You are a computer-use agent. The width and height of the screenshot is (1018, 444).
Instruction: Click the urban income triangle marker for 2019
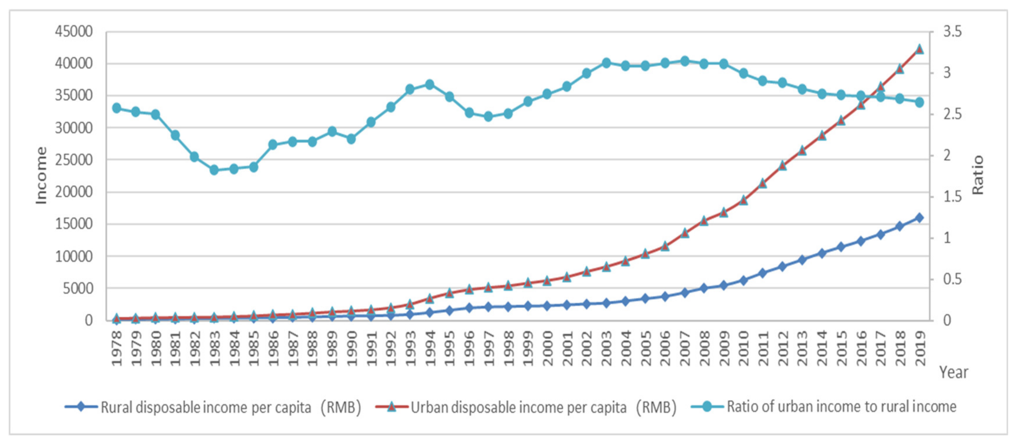point(919,49)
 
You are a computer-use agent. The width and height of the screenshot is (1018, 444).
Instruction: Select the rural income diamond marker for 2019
point(919,218)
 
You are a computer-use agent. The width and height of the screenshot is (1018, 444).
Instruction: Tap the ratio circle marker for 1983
point(214,170)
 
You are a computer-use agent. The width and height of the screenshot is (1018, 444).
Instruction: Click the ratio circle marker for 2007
point(685,61)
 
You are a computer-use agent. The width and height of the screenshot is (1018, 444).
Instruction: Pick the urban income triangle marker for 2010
point(743,200)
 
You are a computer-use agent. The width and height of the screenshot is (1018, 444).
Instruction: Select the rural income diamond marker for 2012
point(782,267)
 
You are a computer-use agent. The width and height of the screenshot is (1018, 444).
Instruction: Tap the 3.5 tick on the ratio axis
point(952,32)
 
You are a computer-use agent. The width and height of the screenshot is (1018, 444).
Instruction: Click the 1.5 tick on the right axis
point(952,197)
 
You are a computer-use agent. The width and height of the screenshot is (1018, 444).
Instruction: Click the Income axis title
point(41,176)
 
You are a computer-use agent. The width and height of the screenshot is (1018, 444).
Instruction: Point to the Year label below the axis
point(953,372)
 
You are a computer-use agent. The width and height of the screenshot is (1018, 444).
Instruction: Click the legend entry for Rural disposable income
point(213,407)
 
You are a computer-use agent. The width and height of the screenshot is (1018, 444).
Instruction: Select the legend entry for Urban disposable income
point(526,407)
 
